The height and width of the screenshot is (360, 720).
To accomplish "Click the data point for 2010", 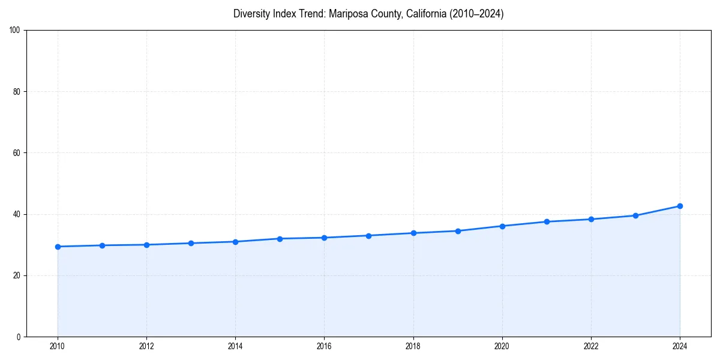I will [58, 247].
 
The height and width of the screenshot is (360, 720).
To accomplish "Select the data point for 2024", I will [680, 206].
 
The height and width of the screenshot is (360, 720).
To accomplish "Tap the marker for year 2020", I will [502, 226].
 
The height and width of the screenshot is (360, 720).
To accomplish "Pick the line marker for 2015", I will [280, 239].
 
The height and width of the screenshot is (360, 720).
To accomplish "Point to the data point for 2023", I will [635, 215].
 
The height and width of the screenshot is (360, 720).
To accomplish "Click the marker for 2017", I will [368, 236].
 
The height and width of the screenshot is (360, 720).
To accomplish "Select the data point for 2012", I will [146, 245].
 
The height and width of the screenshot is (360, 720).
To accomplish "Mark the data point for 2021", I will [547, 221].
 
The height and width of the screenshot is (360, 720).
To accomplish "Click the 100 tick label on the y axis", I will [15, 31].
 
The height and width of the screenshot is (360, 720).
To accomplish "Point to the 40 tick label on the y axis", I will [17, 214].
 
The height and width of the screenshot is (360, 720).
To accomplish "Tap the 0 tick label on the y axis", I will [19, 337].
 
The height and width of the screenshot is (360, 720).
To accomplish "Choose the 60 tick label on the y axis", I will [17, 153].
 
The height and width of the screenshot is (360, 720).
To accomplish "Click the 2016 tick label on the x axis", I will [324, 346].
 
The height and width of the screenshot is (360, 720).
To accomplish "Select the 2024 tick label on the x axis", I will [680, 346].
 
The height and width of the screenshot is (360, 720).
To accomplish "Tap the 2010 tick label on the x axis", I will [58, 346].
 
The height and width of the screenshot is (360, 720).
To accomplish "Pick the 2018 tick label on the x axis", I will [413, 346].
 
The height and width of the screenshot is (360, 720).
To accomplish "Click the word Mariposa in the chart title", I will [339, 14].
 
